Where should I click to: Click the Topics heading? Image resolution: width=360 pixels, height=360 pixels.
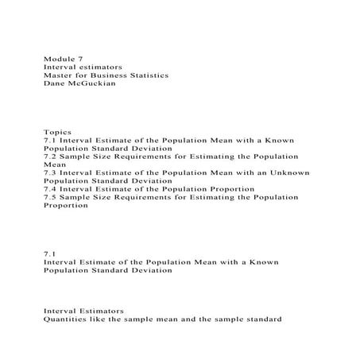coord(58,132)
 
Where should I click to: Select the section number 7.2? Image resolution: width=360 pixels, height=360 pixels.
coord(50,157)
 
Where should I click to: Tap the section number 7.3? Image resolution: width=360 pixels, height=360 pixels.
coord(50,172)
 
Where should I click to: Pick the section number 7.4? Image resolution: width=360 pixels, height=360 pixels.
coord(50,188)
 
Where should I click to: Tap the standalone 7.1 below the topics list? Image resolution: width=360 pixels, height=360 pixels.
coord(50,254)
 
